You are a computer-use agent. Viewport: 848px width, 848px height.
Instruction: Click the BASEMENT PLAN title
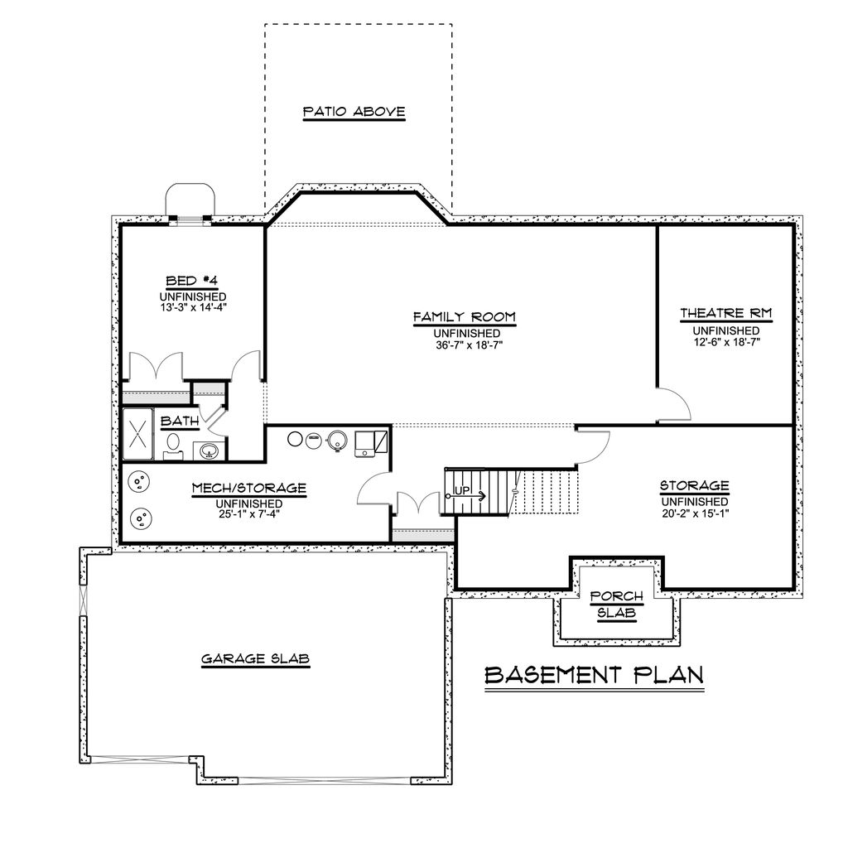pyautogui.click(x=594, y=675)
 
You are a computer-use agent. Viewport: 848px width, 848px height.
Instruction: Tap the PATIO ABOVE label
pyautogui.click(x=354, y=111)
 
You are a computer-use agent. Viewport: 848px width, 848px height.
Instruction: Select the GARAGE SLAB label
pyautogui.click(x=255, y=658)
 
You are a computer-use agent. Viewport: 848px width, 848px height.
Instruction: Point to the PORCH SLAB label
pyautogui.click(x=612, y=604)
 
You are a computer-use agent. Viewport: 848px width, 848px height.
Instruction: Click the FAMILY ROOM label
pyautogui.click(x=465, y=316)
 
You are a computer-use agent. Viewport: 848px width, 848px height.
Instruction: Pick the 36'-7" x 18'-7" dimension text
pyautogui.click(x=465, y=344)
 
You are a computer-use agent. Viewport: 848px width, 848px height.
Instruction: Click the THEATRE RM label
pyautogui.click(x=725, y=314)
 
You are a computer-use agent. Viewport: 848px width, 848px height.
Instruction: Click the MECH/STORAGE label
pyautogui.click(x=248, y=489)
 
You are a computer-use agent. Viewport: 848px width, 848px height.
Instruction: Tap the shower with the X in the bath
pyautogui.click(x=137, y=435)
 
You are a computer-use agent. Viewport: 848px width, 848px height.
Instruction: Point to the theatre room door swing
pyautogui.click(x=672, y=406)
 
